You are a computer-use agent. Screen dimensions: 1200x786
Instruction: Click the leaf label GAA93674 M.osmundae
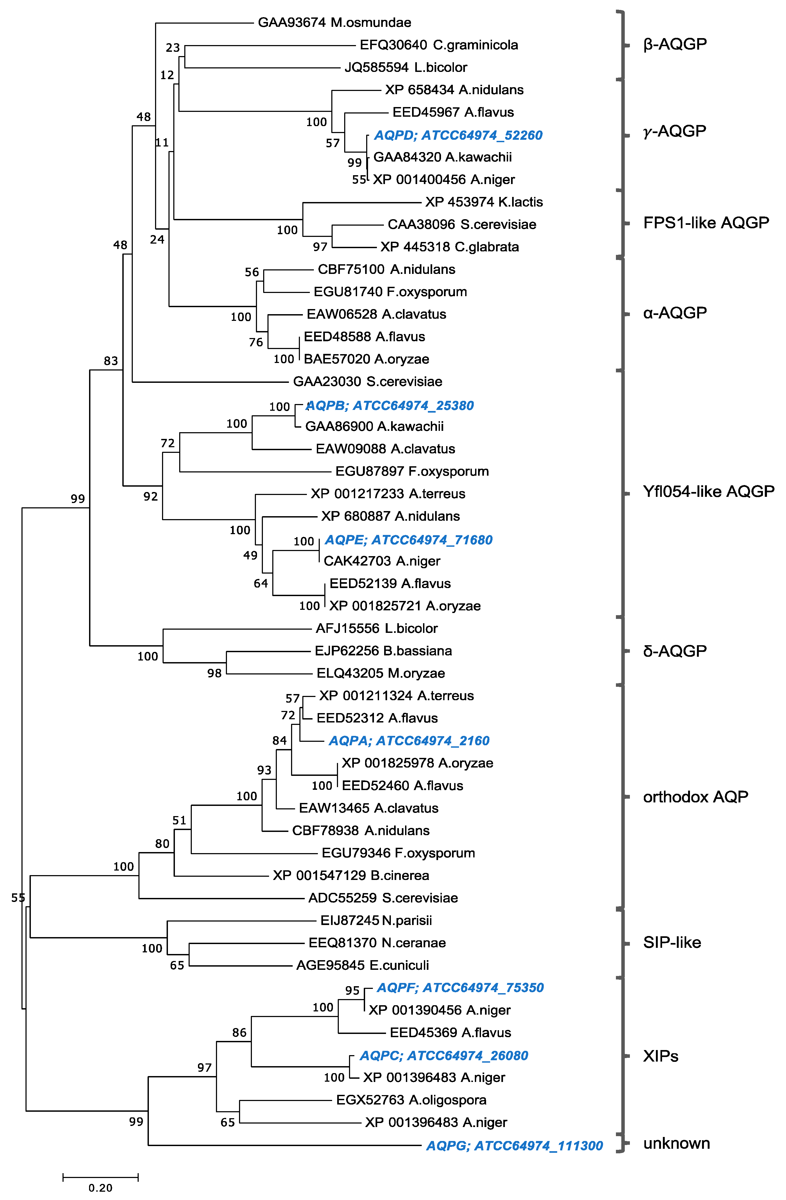334,23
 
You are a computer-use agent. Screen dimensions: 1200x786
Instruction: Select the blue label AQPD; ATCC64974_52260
458,135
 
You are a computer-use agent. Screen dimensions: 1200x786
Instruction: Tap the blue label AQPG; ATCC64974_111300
514,1146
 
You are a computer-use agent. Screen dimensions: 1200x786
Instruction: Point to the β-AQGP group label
675,44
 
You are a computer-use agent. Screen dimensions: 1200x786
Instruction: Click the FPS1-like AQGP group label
706,222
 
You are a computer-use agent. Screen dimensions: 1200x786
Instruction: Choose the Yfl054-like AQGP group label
708,491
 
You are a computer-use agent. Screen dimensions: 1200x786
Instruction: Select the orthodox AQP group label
695,797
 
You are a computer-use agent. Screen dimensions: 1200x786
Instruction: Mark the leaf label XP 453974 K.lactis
484,202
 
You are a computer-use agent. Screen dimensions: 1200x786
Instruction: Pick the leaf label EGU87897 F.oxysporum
412,471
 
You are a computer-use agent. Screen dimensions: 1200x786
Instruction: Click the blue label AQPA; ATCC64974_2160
409,741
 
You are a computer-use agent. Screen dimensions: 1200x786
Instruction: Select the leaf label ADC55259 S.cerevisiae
383,898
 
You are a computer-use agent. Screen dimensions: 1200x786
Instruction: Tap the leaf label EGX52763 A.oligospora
411,1100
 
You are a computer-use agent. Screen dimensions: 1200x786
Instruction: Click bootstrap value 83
111,361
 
